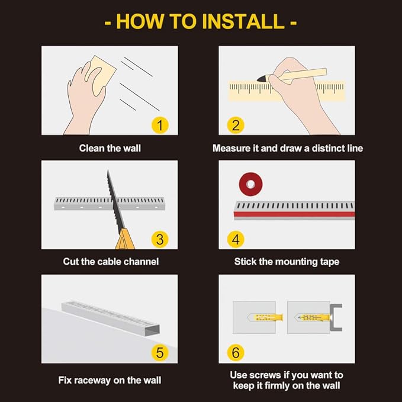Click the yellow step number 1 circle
tap(160, 126)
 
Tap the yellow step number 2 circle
tap(236, 126)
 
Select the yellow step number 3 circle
tap(160, 239)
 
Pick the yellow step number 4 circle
tap(236, 239)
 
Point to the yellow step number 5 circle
tap(160, 352)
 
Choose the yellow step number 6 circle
tap(236, 352)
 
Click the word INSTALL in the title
tap(243, 21)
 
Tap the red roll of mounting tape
tap(250, 184)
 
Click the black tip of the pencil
tap(262, 78)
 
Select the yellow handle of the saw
tap(125, 240)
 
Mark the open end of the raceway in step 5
tap(152, 330)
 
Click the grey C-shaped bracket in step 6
tap(336, 317)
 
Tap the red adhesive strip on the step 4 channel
tap(294, 214)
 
